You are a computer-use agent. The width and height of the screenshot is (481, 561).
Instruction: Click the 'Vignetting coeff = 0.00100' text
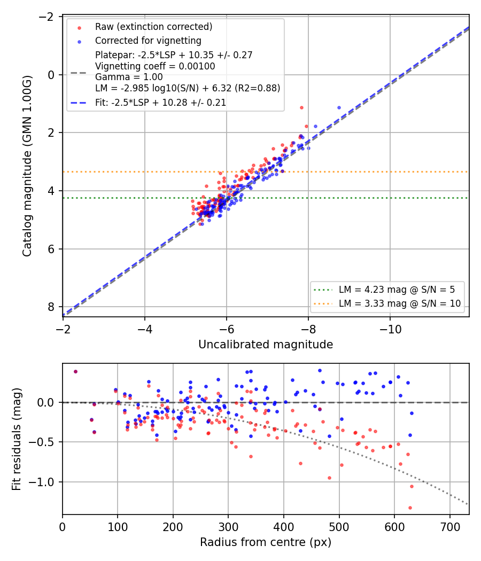pos(155,66)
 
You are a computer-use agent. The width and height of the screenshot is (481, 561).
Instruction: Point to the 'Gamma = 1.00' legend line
pos(129,77)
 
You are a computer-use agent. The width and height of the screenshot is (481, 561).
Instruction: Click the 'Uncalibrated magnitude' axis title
pos(266,345)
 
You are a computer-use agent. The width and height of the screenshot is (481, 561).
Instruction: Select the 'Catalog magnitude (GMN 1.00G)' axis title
pos(27,166)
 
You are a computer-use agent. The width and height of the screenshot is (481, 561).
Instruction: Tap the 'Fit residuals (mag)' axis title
pos(17,439)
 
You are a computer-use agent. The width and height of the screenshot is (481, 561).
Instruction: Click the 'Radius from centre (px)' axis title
pos(266,542)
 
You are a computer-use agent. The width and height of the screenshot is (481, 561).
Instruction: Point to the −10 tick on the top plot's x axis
pos(390,329)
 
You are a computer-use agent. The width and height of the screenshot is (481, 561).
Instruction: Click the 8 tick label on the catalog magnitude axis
pos(51,307)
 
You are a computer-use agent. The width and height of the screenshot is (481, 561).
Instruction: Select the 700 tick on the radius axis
pos(450,527)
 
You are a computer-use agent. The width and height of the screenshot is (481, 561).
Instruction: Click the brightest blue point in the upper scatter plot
pos(339,108)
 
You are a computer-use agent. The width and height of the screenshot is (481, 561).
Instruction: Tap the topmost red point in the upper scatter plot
pos(302,108)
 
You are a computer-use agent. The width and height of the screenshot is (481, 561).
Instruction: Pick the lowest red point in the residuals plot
pos(410,508)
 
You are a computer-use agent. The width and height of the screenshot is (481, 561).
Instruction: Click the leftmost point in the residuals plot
pos(75,372)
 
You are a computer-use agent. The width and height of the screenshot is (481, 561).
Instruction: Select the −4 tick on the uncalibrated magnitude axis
pos(145,329)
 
